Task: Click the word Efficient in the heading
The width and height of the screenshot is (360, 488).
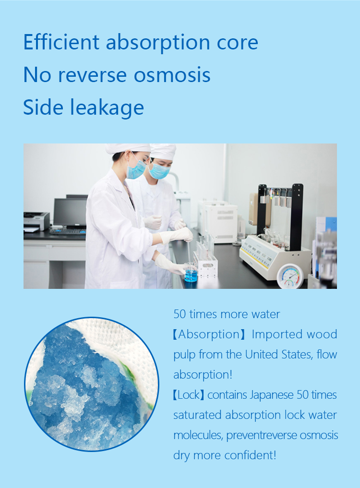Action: coord(61,42)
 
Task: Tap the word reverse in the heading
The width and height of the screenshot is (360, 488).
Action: coord(93,76)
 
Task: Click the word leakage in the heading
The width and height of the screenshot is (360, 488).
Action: coord(107,108)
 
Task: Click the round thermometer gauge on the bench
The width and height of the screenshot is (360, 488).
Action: coord(290,276)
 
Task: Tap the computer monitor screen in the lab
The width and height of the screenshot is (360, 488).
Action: coord(70,212)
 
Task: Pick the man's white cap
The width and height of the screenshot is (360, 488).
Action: coord(163,152)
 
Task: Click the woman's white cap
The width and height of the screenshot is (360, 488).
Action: coord(128,148)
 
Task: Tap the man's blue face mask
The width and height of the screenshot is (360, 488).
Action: coord(159,171)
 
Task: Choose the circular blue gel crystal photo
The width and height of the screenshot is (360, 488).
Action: coord(92,384)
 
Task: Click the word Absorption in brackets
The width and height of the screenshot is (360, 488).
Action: coord(209,334)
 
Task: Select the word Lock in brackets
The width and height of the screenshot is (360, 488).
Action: coord(189,395)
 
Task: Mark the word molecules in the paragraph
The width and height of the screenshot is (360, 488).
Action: coord(198,435)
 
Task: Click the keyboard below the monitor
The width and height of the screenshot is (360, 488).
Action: coord(68,231)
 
